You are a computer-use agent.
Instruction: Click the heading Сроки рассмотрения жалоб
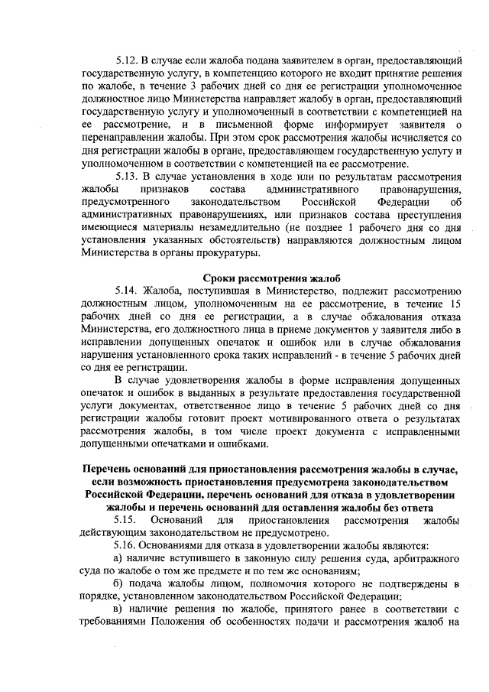pos(270,277)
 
